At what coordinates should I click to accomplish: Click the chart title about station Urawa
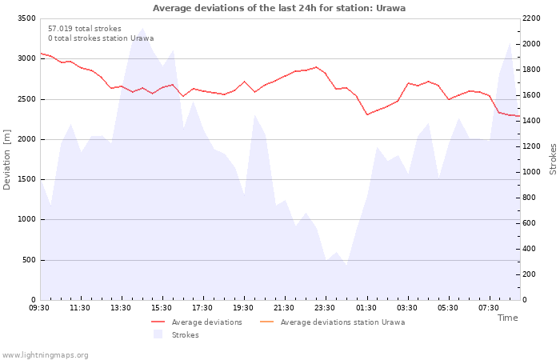point(279,8)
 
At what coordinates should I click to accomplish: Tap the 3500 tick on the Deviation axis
point(26,18)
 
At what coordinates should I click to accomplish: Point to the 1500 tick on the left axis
point(26,179)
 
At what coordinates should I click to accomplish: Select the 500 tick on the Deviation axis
point(29,260)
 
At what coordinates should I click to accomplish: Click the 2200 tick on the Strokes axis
point(531,18)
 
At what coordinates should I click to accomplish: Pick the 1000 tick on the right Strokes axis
point(531,172)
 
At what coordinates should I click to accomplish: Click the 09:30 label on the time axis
point(39,308)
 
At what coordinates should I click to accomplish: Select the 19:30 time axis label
point(243,308)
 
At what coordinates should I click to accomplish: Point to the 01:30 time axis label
point(366,308)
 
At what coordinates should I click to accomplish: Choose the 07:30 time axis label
point(489,308)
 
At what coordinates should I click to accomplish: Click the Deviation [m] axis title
point(6,160)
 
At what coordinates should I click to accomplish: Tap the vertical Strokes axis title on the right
point(553,159)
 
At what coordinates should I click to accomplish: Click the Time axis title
point(508,318)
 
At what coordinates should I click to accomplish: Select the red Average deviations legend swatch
point(158,322)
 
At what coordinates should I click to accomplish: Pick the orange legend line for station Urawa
point(266,322)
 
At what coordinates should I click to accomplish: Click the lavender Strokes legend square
point(158,334)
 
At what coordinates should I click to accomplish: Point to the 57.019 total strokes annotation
point(85,29)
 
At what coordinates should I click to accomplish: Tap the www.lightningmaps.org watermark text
point(45,355)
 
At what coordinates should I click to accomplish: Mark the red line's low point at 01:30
point(367,114)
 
